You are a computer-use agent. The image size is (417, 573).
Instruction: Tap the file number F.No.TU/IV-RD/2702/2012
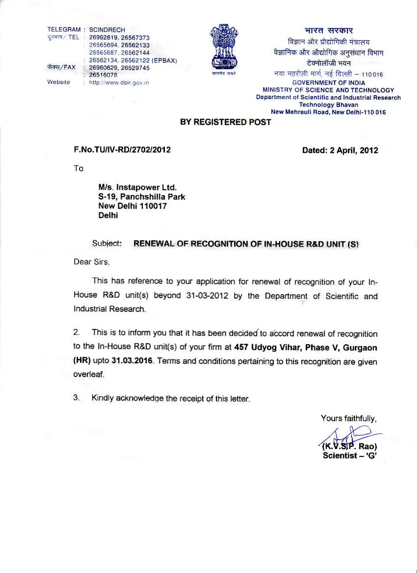122,150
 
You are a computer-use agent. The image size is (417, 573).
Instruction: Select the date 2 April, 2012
354,150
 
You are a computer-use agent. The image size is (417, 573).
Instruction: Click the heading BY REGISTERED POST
226,122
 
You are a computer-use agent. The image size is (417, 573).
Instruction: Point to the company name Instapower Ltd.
146,188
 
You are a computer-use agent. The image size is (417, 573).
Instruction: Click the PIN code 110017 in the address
153,206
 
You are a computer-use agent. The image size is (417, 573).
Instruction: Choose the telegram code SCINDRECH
107,30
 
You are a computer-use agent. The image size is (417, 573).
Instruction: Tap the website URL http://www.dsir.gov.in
119,83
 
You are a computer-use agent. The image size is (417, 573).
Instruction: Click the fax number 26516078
103,75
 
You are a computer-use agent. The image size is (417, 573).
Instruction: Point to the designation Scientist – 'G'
350,456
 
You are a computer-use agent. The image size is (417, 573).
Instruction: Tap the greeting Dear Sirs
91,262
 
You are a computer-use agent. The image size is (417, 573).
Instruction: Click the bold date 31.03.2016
132,360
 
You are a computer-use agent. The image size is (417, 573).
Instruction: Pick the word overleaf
89,374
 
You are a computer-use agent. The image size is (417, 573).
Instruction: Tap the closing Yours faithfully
349,418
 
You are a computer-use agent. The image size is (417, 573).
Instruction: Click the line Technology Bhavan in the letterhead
328,105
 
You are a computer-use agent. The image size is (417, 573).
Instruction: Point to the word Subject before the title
107,243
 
